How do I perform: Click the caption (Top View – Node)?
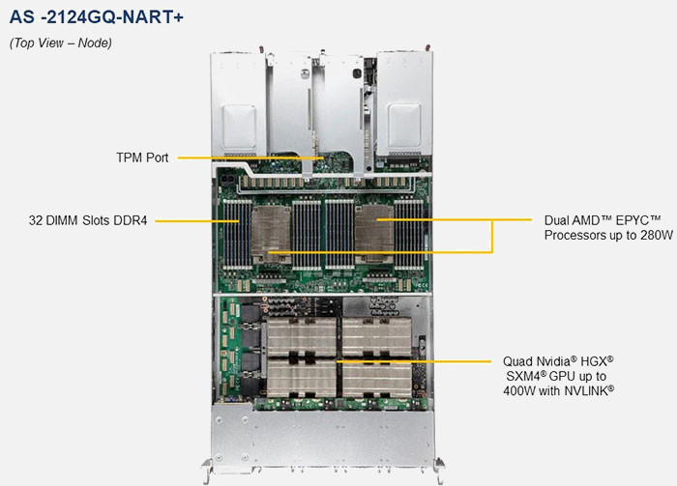point(61,43)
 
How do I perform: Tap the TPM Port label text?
point(140,157)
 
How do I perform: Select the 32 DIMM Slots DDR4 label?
point(87,220)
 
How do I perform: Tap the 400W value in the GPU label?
point(522,389)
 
